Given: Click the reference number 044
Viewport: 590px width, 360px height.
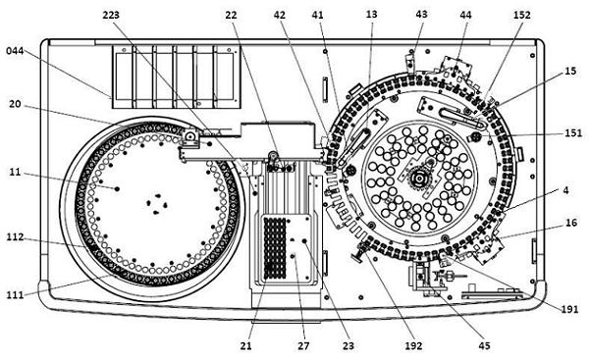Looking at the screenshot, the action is pyautogui.click(x=15, y=51).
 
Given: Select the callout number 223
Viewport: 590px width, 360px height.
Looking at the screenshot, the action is pyautogui.click(x=111, y=15).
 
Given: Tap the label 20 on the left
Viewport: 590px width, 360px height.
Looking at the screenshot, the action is pyautogui.click(x=15, y=104).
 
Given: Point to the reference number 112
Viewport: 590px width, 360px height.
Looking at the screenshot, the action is pyautogui.click(x=15, y=237).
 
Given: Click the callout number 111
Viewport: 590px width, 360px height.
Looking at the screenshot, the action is pyautogui.click(x=15, y=295).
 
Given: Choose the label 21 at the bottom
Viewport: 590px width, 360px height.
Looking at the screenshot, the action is pyautogui.click(x=245, y=345).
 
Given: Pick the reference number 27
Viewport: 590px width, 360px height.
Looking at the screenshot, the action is pyautogui.click(x=303, y=345).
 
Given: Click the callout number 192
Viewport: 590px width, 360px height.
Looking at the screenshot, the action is pyautogui.click(x=413, y=345).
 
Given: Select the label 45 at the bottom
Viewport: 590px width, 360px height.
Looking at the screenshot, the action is pyautogui.click(x=484, y=345).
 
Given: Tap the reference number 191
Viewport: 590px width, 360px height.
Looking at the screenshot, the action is pyautogui.click(x=569, y=309).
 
